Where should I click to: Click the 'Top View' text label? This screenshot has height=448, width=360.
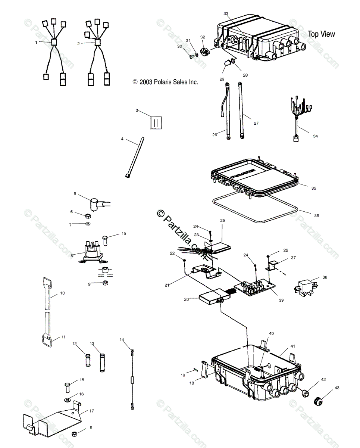(321, 34)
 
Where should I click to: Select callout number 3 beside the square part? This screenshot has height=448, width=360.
(137, 111)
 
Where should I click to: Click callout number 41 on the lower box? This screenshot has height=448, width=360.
(292, 346)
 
